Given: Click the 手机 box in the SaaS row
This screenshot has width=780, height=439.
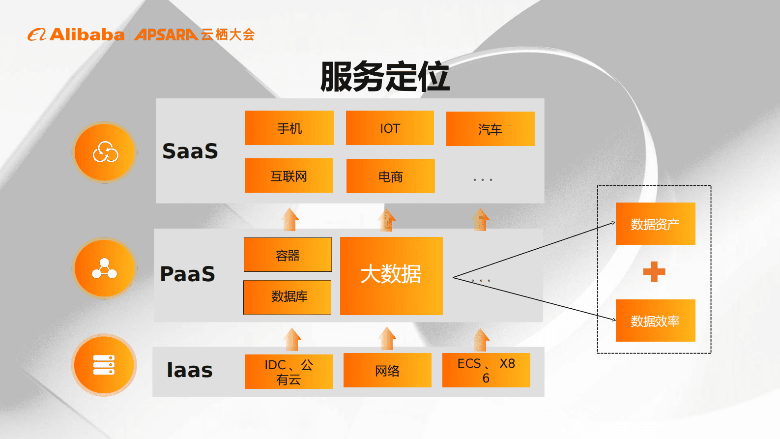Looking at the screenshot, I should tap(289, 128).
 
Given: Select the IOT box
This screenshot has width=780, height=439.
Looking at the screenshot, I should tap(390, 128).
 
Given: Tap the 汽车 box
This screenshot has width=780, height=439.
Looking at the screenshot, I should tap(490, 129).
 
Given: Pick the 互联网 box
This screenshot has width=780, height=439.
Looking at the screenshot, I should tap(289, 176).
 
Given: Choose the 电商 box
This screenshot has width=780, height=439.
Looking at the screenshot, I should tap(390, 176).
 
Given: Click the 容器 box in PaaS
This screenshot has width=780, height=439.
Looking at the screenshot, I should tap(288, 255).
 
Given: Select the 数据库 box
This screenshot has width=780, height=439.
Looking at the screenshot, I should tap(288, 297).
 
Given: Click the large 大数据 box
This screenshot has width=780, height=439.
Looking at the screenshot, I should tap(391, 276).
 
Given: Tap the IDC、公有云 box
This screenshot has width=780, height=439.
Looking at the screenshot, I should tap(289, 372).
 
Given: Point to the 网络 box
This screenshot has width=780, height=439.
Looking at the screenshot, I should tap(387, 370).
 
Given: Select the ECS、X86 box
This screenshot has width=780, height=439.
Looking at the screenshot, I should tap(486, 370).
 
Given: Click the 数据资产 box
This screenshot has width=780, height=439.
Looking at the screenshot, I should tap(655, 224).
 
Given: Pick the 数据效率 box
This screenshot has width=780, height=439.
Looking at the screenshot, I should tap(655, 321).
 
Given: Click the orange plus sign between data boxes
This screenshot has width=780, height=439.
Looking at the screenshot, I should tap(654, 272).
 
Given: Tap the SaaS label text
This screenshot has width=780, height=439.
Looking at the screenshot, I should tap(190, 151).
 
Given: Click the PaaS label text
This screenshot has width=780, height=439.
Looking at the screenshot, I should tap(188, 274).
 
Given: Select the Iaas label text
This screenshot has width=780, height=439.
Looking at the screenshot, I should tap(190, 370).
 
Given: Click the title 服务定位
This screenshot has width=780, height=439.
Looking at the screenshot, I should tap(385, 77).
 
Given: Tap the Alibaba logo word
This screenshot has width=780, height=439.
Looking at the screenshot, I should tap(87, 34).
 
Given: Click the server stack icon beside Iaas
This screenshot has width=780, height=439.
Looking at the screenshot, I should tap(104, 365).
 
